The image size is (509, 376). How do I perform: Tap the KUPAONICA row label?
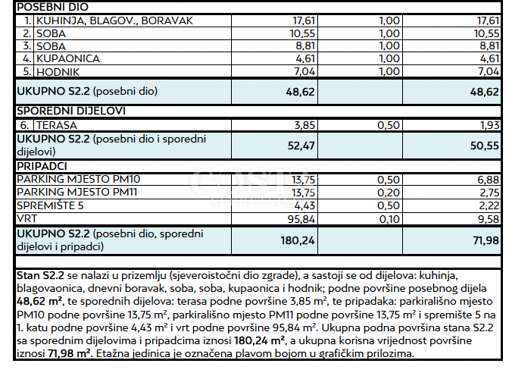(x=68, y=58)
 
